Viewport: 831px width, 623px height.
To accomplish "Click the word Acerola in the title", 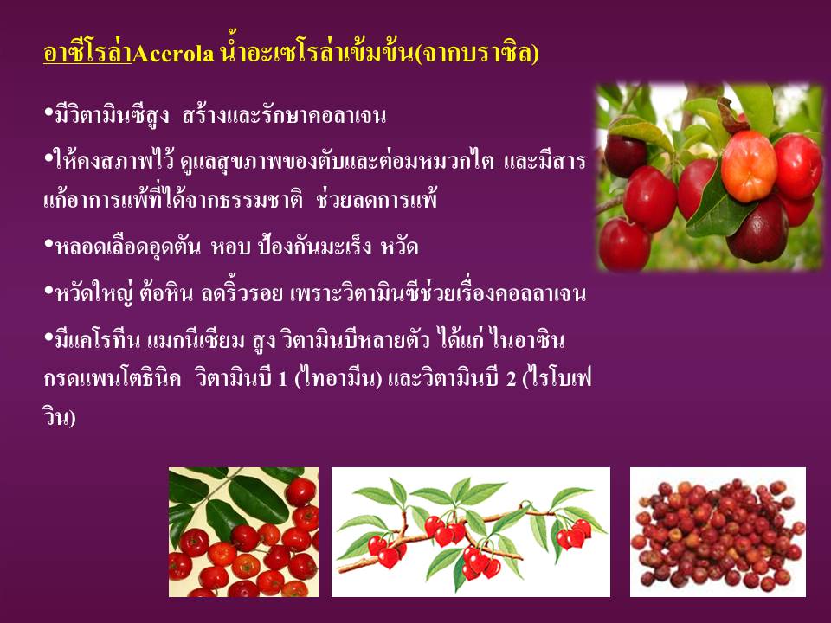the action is (173, 54).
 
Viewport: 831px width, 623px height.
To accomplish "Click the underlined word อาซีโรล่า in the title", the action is (87, 53).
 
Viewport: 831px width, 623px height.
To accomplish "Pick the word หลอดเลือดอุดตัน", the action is (128, 247).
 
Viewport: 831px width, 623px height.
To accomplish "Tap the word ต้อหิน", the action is (167, 293).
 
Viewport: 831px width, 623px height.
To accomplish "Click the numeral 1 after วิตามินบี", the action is (282, 379).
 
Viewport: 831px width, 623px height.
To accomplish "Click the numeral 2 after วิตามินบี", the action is (511, 379).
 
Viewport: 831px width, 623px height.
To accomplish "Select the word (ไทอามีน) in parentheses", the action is (338, 379).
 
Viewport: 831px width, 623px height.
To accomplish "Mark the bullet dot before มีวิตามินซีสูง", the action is (48, 112).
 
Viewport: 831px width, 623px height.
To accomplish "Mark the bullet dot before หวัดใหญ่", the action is (48, 291).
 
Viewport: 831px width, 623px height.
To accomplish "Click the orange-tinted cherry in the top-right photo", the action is (749, 167).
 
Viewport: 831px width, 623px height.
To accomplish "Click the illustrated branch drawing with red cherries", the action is (471, 532).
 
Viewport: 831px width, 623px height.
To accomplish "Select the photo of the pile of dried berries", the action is (718, 532).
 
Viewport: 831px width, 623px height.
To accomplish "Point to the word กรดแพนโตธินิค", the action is (113, 379).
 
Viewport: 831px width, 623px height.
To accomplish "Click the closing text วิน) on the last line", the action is (60, 417).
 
